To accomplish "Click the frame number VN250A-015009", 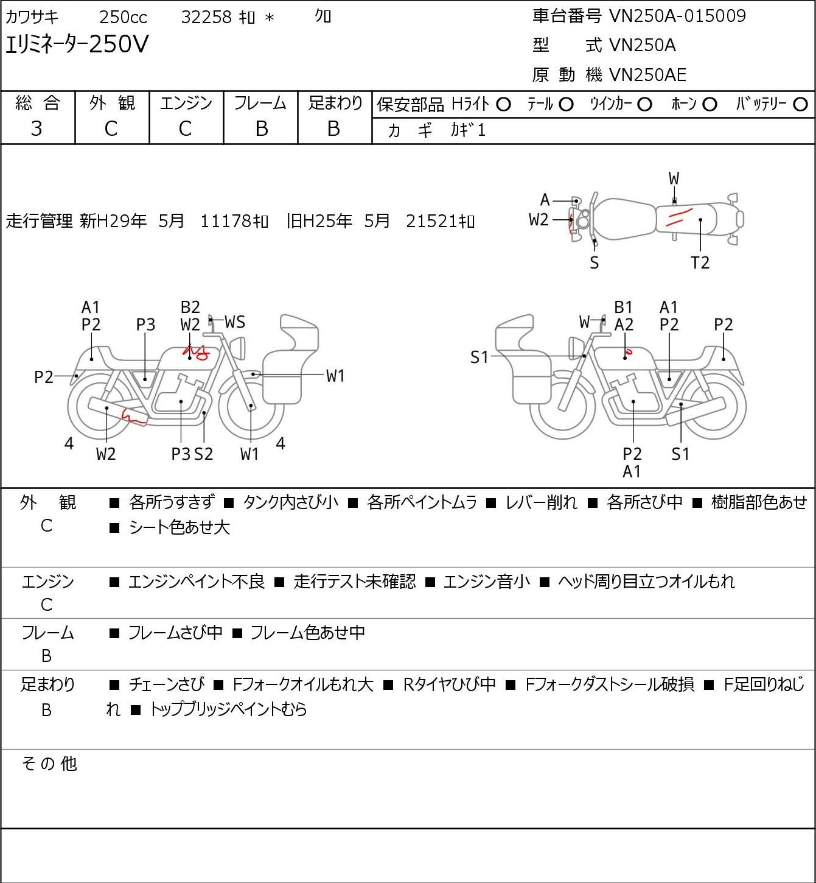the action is coord(677,16).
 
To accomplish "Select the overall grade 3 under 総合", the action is coord(37,129).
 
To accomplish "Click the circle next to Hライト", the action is coord(503,105).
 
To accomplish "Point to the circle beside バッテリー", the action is coord(800,105).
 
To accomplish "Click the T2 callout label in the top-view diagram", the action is coord(700,262).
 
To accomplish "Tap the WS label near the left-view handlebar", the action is coord(235,322).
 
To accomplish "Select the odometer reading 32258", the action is coord(206,17).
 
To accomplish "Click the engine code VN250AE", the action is coord(647,75).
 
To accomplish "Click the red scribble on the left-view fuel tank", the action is coord(195,352).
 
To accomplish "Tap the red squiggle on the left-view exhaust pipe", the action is coord(134,417).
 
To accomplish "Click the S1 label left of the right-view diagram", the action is coord(479,357).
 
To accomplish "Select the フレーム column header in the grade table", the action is coord(260,103).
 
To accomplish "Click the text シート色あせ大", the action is coord(180,527).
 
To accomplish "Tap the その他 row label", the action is coord(49,764).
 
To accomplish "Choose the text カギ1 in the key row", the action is coord(468,130).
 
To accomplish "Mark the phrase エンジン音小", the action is coord(487,581).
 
